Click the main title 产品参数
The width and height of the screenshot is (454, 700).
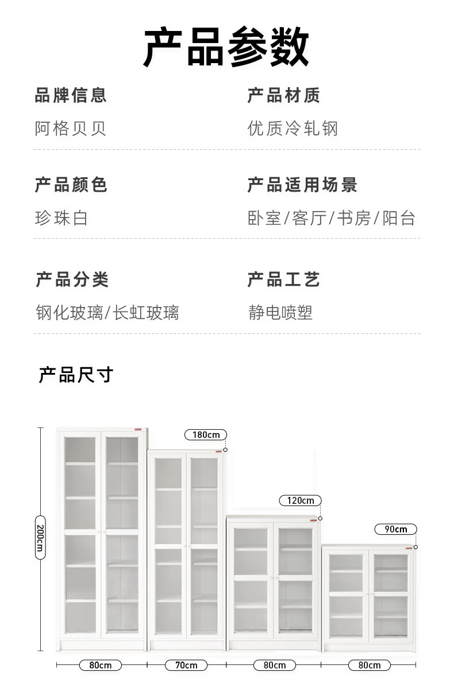226,47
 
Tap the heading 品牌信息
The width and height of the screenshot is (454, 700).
71,95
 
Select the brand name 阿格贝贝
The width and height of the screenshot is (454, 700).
71,128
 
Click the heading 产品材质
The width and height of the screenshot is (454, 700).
283,95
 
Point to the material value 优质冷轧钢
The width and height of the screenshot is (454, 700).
293,128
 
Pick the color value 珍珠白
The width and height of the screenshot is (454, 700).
61,218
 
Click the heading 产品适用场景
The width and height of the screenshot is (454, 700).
302,185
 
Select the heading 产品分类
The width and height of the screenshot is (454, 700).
72,280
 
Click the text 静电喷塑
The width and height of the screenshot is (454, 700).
280,313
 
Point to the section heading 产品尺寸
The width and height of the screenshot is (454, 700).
76,375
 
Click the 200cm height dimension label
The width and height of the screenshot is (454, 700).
40,539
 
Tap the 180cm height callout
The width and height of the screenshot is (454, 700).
206,434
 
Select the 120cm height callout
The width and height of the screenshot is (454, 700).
300,500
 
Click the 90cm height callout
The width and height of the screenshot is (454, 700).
395,529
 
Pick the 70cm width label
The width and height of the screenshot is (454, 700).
186,665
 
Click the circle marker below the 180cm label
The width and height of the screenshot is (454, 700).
225,450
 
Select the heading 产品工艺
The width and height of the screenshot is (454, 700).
283,280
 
